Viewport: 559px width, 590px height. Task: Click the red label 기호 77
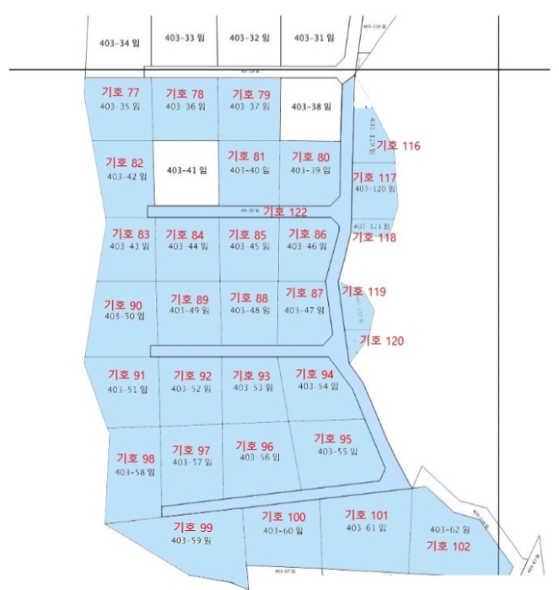120,93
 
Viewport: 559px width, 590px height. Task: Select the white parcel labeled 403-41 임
186,170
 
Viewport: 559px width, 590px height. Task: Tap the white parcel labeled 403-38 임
310,107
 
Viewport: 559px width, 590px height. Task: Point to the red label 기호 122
285,212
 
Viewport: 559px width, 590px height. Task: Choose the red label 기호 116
398,146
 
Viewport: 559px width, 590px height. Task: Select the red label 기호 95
332,438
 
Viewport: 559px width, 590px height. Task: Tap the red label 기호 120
382,341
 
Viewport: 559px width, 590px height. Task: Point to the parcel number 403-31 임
314,38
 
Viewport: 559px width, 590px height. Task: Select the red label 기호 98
136,459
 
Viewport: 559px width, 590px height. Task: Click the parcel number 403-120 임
374,189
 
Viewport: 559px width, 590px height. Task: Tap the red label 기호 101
367,515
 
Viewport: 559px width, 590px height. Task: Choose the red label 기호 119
363,292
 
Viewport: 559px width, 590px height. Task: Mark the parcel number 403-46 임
306,247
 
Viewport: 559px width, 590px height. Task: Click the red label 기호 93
251,375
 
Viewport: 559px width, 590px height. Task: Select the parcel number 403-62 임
449,529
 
